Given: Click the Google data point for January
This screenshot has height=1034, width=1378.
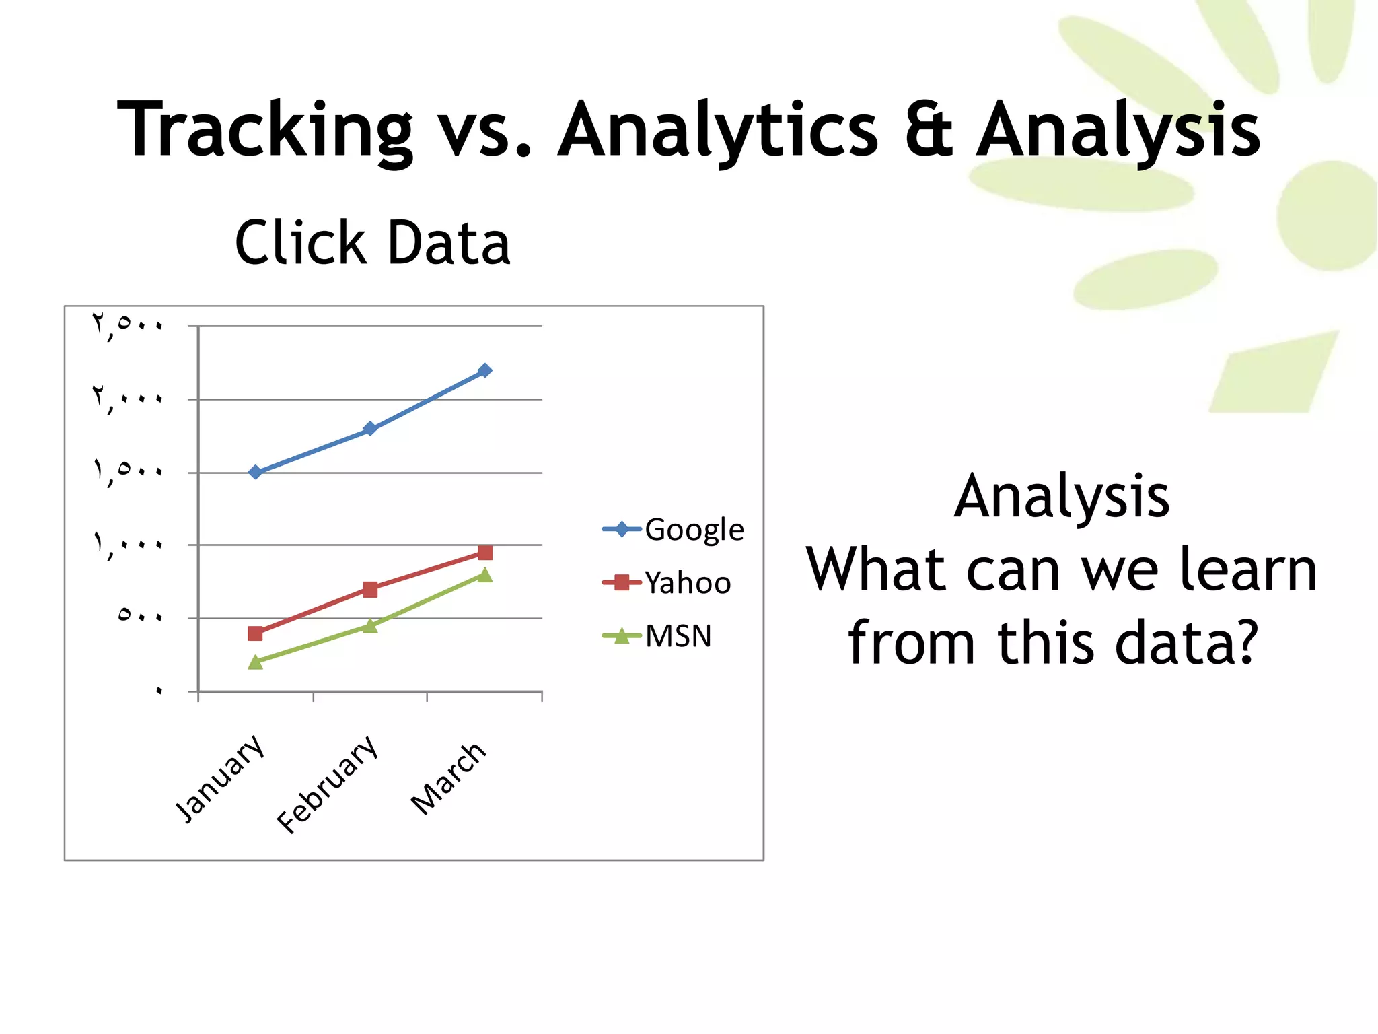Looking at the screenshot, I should pyautogui.click(x=255, y=472).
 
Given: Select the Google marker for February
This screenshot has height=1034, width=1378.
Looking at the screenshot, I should pyautogui.click(x=370, y=428).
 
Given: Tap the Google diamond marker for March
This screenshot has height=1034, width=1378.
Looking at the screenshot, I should pyautogui.click(x=485, y=370).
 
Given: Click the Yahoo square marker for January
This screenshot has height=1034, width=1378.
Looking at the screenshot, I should pyautogui.click(x=255, y=633).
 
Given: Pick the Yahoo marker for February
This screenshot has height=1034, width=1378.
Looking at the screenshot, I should pyautogui.click(x=370, y=590).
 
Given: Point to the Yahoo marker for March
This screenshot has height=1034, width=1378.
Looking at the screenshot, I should pyautogui.click(x=485, y=553).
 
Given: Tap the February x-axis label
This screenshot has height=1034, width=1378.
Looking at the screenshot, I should pyautogui.click(x=328, y=784).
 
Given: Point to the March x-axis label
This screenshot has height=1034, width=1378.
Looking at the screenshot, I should pyautogui.click(x=449, y=779).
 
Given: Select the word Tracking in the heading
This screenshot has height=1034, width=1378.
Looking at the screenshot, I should pyautogui.click(x=264, y=129).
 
